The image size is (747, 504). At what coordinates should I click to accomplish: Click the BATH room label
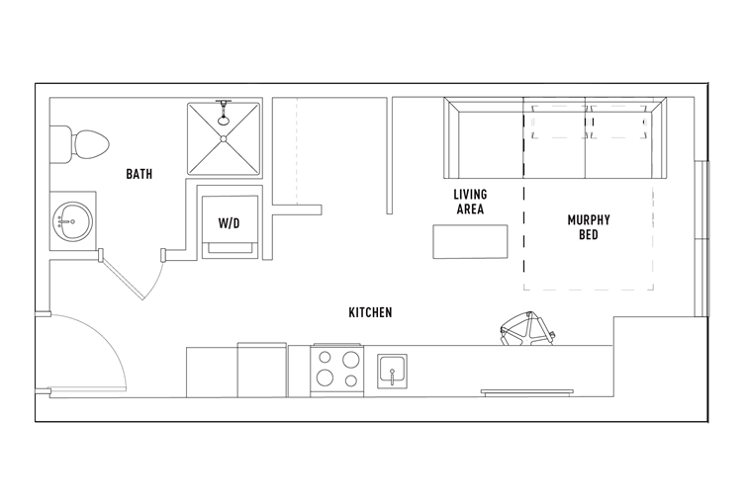point(140,174)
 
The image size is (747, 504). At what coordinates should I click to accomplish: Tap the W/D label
point(230,223)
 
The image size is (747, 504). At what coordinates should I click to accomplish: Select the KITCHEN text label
point(370,312)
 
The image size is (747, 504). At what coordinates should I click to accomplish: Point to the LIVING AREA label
point(470,202)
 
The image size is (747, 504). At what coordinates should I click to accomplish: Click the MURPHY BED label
point(589,227)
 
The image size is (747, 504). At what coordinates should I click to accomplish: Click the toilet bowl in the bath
point(90,144)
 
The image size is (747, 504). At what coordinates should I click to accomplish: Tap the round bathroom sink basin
point(72,221)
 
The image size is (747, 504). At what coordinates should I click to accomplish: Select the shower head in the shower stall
point(223,113)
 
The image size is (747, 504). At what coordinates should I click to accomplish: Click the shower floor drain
point(224,138)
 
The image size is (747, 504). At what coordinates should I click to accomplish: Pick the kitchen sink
point(392,372)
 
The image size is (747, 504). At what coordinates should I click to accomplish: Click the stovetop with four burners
point(337,371)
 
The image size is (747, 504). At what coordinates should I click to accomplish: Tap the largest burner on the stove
point(351,360)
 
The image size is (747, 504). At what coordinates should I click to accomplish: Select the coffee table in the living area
point(470,242)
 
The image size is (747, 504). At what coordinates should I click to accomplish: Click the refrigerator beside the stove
point(262,370)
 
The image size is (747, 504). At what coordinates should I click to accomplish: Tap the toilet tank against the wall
point(60,144)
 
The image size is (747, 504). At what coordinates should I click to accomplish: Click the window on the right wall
point(701,239)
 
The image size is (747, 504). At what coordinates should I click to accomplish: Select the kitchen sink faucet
point(392,376)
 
